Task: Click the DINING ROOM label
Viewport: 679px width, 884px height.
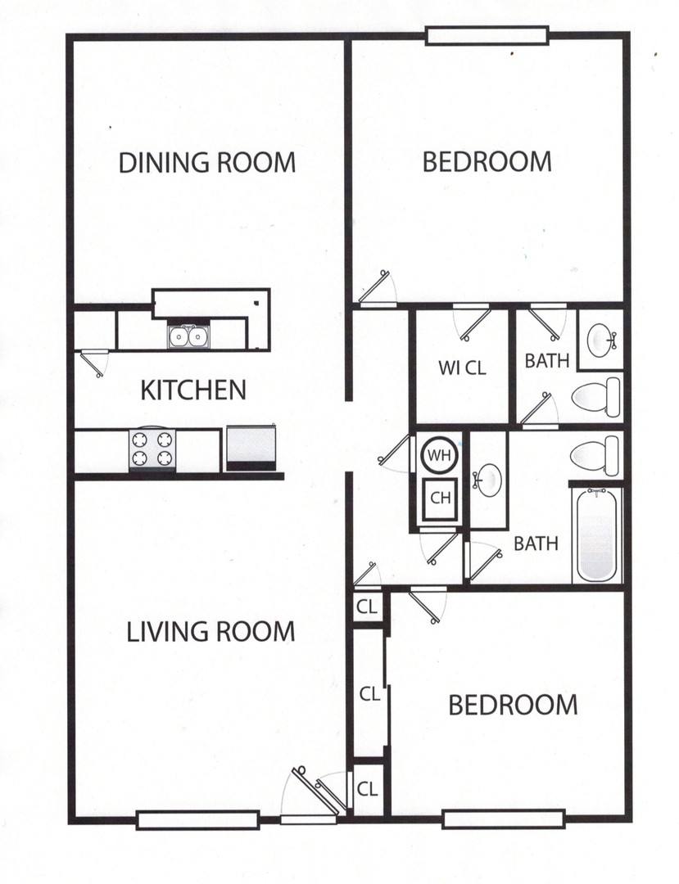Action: click(206, 162)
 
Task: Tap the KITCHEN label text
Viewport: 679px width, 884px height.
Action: click(193, 390)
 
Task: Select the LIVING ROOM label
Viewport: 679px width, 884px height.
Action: click(210, 632)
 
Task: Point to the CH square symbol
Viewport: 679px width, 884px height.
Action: click(441, 498)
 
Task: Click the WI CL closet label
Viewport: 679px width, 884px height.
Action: click(462, 368)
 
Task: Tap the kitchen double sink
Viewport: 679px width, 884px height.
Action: click(188, 336)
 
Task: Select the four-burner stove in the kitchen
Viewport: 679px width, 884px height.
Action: click(153, 449)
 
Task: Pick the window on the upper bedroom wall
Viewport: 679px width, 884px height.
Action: click(487, 35)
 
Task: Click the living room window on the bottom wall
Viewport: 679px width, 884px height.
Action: click(197, 819)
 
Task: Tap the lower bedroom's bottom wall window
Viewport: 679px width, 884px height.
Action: click(503, 818)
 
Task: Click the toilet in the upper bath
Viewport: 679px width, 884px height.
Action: click(595, 398)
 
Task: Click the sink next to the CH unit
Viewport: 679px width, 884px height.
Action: click(490, 480)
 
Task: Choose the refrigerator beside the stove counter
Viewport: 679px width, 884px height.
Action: click(251, 448)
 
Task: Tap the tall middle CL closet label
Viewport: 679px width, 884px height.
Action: click(369, 693)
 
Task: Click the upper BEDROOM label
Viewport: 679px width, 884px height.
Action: click(487, 161)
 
